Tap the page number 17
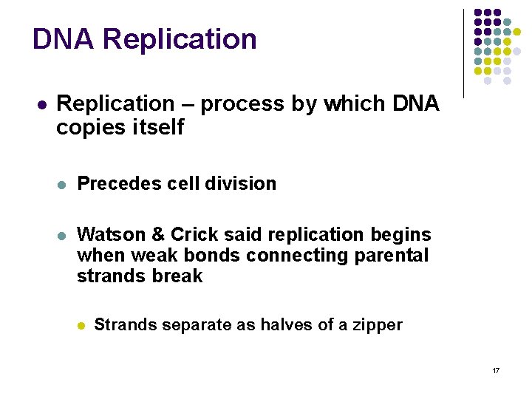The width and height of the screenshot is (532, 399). click(x=496, y=369)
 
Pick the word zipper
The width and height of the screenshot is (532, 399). click(x=377, y=324)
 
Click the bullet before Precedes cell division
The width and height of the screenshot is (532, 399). click(x=62, y=184)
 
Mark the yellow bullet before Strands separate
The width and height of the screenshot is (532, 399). click(x=82, y=324)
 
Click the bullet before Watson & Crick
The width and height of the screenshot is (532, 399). click(x=62, y=236)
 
